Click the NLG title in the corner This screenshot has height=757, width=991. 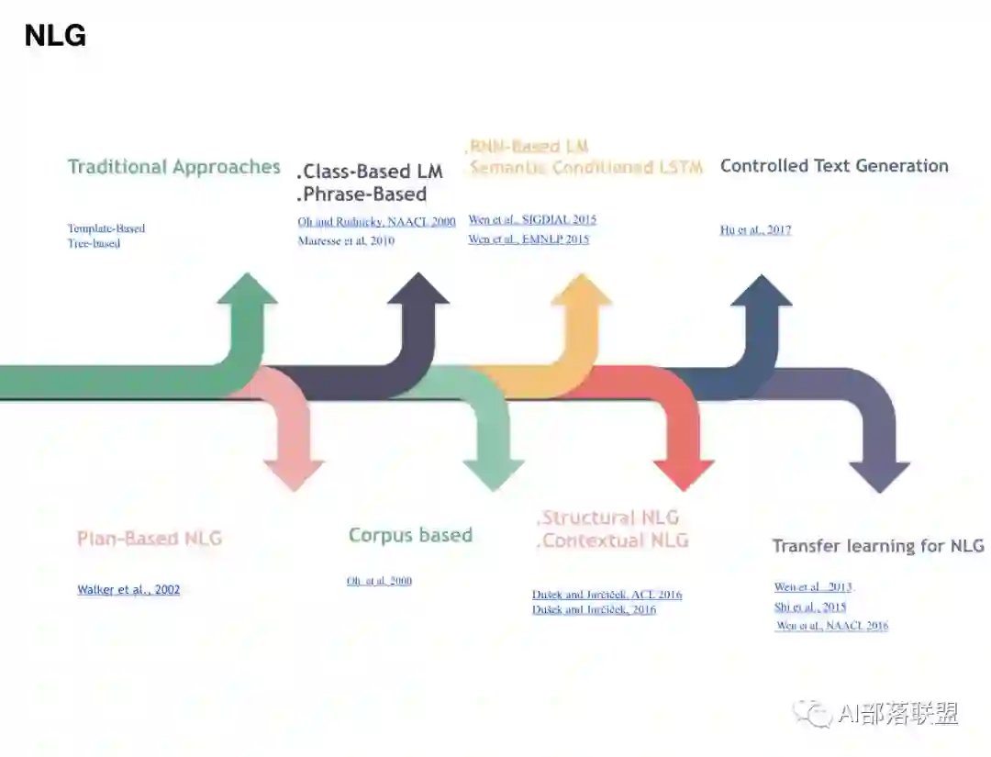point(55,36)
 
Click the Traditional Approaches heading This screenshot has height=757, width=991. point(173,167)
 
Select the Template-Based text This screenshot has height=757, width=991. point(106,228)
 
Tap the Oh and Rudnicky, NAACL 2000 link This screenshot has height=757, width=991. point(376,222)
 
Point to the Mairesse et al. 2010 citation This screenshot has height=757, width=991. point(346,241)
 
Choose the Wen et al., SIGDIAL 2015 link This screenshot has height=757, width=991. point(532,220)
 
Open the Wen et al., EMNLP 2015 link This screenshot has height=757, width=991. point(529,239)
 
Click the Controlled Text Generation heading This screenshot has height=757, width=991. point(834,166)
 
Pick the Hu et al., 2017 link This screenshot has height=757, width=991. point(755,230)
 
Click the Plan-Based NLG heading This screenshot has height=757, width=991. point(150,539)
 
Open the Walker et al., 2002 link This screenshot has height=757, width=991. point(128,590)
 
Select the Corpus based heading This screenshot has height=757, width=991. point(410,535)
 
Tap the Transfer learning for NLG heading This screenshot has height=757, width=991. point(878,546)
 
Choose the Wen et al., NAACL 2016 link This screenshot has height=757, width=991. point(832,626)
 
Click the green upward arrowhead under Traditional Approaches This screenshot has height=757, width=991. point(247,289)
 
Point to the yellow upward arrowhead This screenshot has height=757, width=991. point(581,290)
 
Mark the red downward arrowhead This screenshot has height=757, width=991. point(684,473)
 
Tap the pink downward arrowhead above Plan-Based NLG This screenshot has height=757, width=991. point(294,473)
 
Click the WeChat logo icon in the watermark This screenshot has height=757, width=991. point(813,712)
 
